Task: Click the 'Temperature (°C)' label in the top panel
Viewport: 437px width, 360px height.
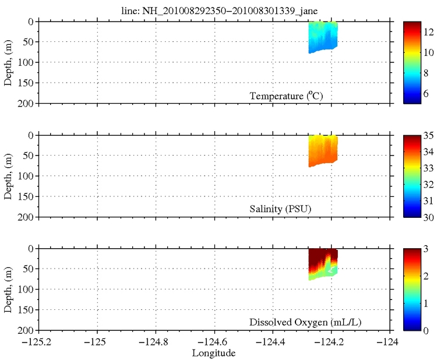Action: point(286,96)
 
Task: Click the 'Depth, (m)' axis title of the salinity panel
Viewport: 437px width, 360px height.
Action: point(8,176)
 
